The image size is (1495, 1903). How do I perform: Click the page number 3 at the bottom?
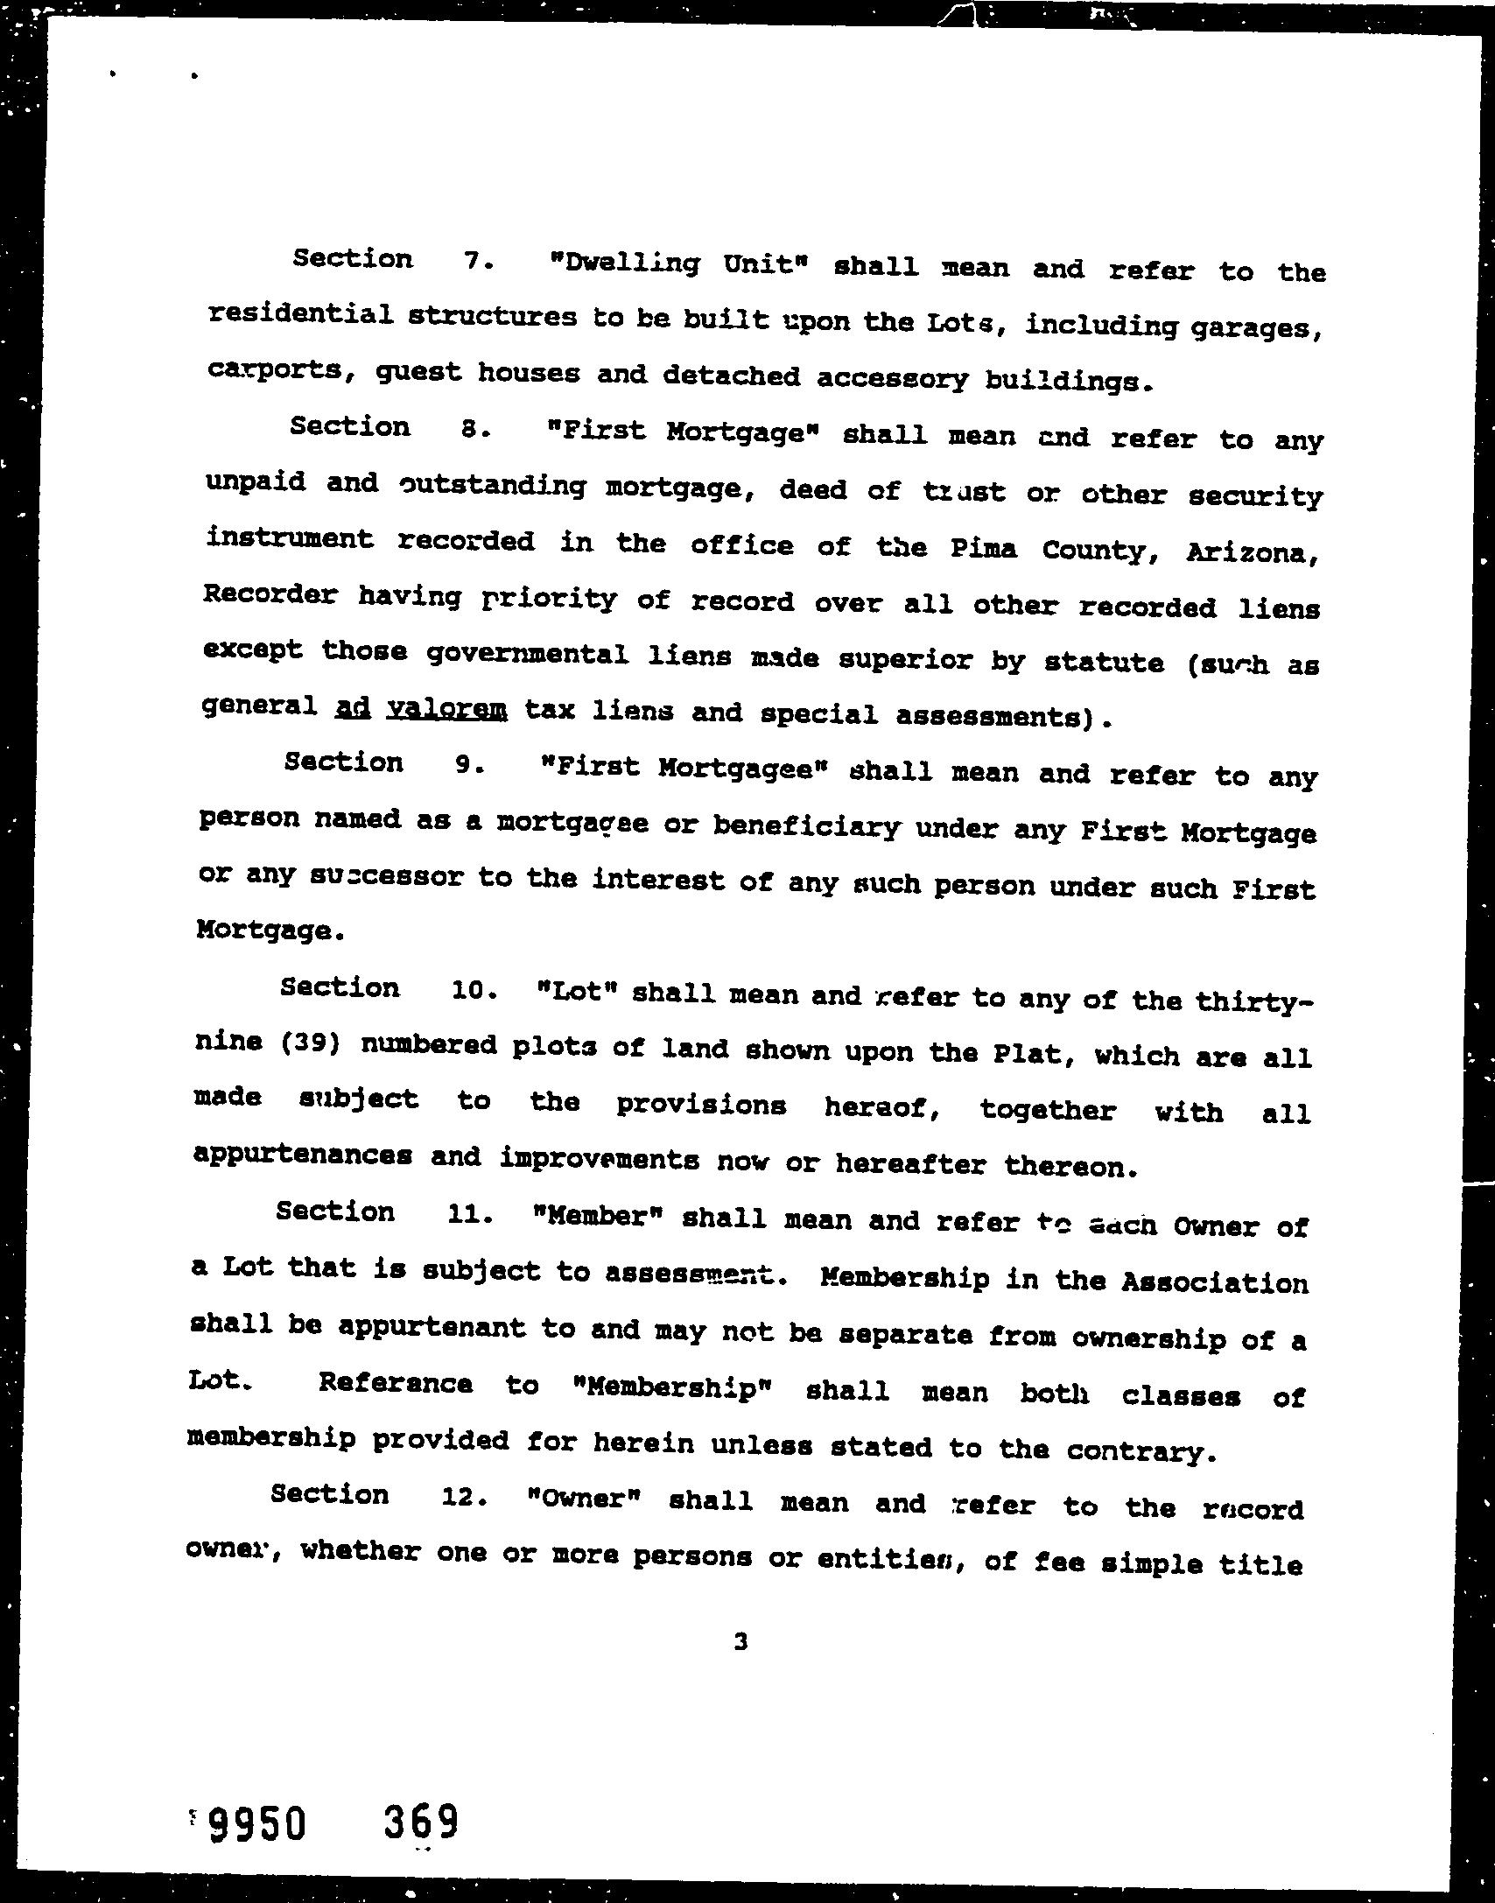(x=740, y=1642)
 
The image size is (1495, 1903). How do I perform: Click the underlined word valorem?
(x=446, y=709)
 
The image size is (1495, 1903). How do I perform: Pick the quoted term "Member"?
(x=600, y=1217)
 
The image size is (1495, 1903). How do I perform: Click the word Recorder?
(x=269, y=594)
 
